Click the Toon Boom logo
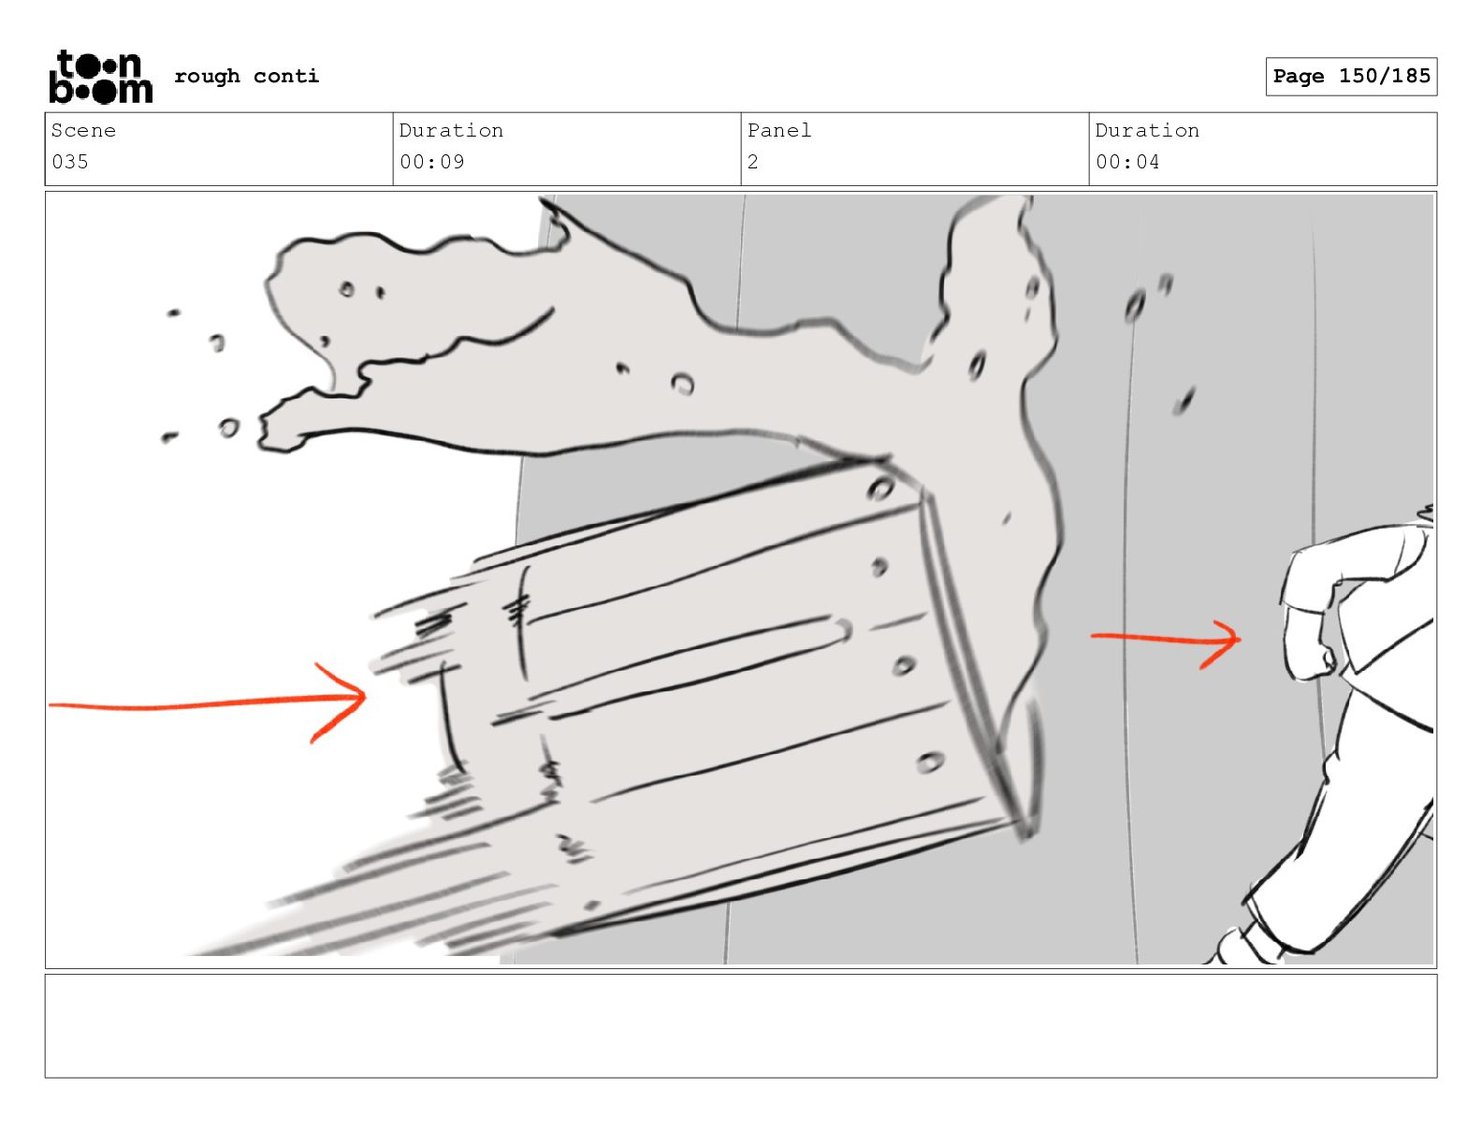(x=100, y=77)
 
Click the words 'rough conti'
(x=246, y=77)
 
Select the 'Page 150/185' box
(x=1350, y=77)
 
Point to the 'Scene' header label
(x=83, y=131)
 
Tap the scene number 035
(x=70, y=162)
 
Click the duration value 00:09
(x=431, y=162)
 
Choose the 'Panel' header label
(x=778, y=131)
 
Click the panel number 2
(x=752, y=162)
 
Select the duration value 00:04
(x=1127, y=162)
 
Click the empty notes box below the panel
(x=740, y=1025)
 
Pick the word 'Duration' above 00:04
(x=1147, y=131)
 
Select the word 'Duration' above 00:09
(x=451, y=131)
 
